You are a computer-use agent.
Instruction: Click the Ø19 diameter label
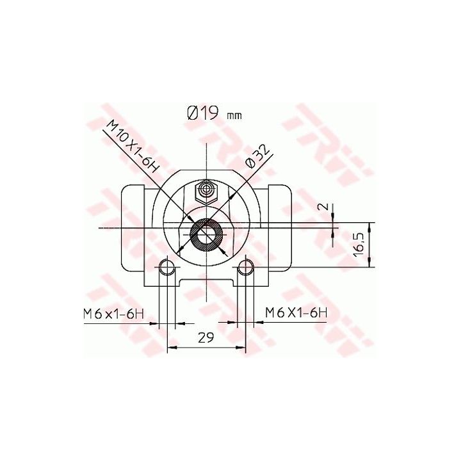tap(203, 113)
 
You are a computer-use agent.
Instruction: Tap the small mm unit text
tap(234, 116)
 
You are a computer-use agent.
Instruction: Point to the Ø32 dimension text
tap(258, 158)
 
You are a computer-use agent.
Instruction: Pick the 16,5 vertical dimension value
tap(359, 245)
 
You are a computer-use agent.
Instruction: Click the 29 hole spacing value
tap(206, 338)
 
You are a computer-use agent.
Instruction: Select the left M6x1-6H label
tap(114, 314)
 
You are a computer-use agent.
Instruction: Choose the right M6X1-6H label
tap(296, 312)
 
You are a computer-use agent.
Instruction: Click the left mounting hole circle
tap(167, 267)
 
